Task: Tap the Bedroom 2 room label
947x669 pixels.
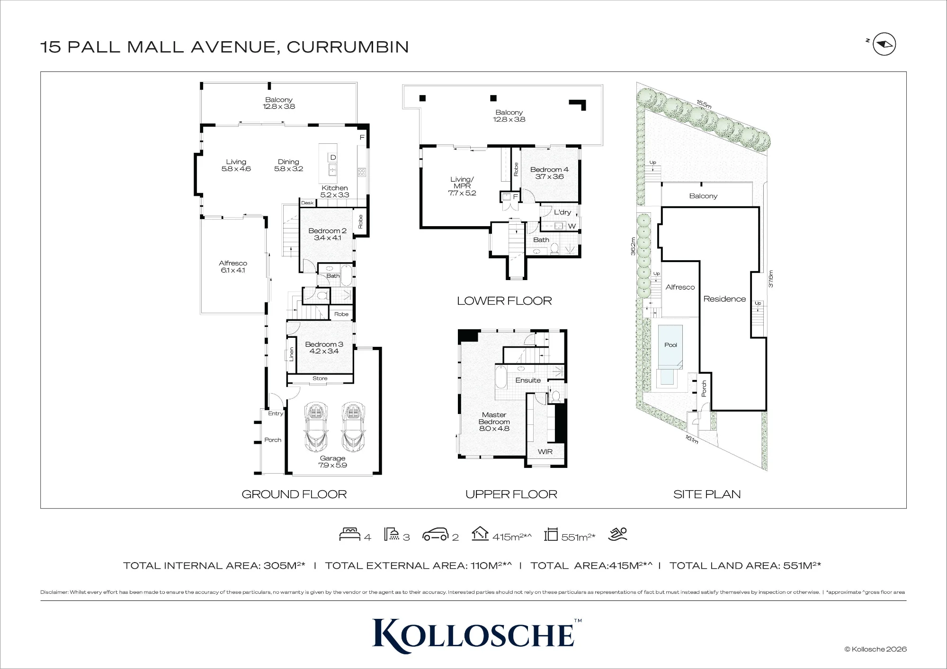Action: [x=327, y=234]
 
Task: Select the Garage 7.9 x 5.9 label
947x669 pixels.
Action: [x=332, y=462]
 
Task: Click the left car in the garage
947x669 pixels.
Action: [x=316, y=427]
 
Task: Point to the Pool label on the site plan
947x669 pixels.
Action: [x=670, y=345]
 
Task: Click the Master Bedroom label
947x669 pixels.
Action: [x=494, y=422]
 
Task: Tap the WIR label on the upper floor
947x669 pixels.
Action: [x=545, y=452]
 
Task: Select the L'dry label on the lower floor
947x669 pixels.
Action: [x=563, y=212]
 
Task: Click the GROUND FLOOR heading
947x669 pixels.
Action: [x=294, y=494]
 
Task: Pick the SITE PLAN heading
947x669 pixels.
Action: [x=707, y=494]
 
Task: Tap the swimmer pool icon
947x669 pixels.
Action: [x=618, y=534]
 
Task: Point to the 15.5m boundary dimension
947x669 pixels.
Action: [x=704, y=104]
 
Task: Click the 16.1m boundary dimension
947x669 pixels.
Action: [x=692, y=440]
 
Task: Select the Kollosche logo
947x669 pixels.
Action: [x=477, y=635]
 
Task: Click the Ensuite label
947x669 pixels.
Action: [x=528, y=380]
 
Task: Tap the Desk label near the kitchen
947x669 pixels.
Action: [x=307, y=203]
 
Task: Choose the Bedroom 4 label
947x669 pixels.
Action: [x=549, y=173]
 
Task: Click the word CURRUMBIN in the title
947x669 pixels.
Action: [x=348, y=47]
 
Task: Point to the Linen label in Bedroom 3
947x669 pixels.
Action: [x=291, y=354]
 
